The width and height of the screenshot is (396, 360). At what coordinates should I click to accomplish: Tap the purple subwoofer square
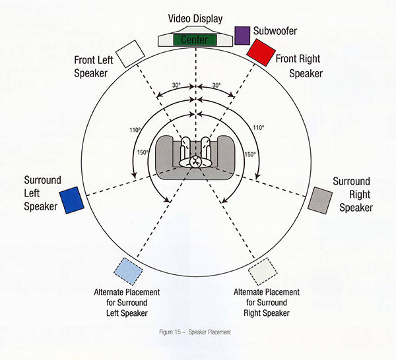pyautogui.click(x=242, y=35)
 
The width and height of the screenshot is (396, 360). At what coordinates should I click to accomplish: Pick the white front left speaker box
pyautogui.click(x=130, y=51)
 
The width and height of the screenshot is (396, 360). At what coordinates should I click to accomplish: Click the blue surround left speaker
pyautogui.click(x=71, y=200)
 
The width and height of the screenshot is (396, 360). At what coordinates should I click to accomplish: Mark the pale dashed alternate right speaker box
pyautogui.click(x=263, y=271)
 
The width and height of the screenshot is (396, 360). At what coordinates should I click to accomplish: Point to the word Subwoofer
pyautogui.click(x=275, y=31)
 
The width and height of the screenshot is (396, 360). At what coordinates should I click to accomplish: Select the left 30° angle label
pyautogui.click(x=176, y=86)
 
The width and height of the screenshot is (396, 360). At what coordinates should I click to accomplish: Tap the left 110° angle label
pyautogui.click(x=135, y=130)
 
